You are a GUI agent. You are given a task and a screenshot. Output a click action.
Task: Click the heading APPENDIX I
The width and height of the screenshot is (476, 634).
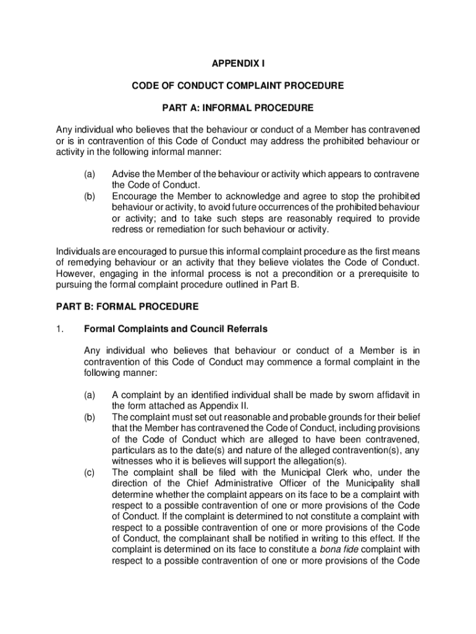click(x=238, y=63)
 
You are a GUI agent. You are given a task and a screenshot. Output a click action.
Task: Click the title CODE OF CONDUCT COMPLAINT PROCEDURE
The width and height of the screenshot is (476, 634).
click(x=238, y=85)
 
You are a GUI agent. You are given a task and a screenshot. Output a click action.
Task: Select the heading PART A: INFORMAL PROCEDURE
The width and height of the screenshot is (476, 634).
click(x=238, y=108)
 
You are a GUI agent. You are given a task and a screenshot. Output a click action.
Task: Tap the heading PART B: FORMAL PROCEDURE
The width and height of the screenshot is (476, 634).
click(x=127, y=306)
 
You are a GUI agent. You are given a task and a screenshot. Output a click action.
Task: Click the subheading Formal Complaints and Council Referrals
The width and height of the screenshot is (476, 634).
click(x=176, y=329)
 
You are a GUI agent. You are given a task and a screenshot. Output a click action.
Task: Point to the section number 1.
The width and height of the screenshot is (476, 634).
click(x=59, y=329)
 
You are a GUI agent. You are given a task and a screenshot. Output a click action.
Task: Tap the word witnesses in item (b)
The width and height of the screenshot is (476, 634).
click(x=132, y=461)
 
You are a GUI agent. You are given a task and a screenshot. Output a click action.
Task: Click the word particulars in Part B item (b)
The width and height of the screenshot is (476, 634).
click(x=134, y=450)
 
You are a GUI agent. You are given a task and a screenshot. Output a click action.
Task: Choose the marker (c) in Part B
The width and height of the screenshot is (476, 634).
click(x=90, y=473)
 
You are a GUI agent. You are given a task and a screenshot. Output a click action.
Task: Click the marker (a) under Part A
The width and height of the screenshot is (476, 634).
click(x=90, y=175)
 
